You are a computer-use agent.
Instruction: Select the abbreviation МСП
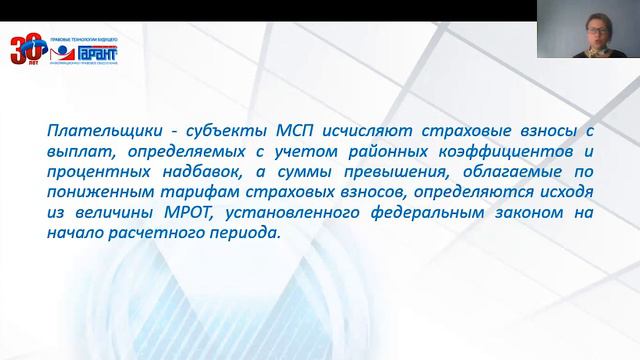tap(250, 129)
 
